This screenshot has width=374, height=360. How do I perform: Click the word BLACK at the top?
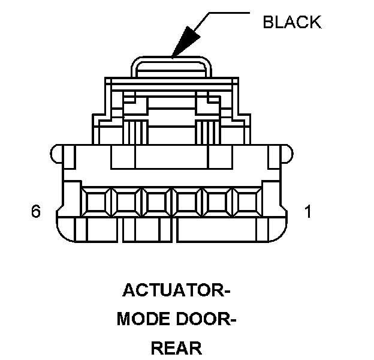(292, 23)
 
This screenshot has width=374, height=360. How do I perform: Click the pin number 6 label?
(35, 212)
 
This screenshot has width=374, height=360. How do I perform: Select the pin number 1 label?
(308, 212)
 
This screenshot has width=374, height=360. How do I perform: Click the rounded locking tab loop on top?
(172, 64)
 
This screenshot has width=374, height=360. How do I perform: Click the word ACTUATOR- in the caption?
(176, 291)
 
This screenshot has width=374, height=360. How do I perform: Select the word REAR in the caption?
(176, 348)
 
